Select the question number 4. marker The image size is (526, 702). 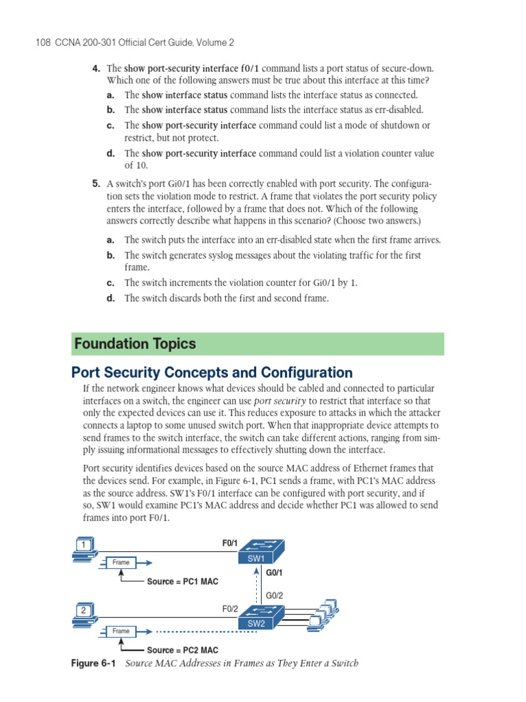click(x=97, y=69)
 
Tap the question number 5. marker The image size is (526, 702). click(x=97, y=184)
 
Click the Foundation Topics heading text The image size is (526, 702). click(x=135, y=344)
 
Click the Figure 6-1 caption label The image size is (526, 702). click(x=95, y=663)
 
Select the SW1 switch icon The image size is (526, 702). click(x=260, y=550)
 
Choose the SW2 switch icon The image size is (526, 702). click(x=260, y=616)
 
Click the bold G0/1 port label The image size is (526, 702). click(x=275, y=572)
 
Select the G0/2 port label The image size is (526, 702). click(x=275, y=596)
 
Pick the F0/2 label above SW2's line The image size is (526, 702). click(x=229, y=608)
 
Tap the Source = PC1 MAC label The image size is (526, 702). click(x=182, y=582)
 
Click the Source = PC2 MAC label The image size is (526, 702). click(x=182, y=649)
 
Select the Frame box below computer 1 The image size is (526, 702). click(x=121, y=563)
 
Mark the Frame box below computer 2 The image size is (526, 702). click(x=121, y=631)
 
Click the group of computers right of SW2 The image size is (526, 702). click(x=323, y=614)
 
